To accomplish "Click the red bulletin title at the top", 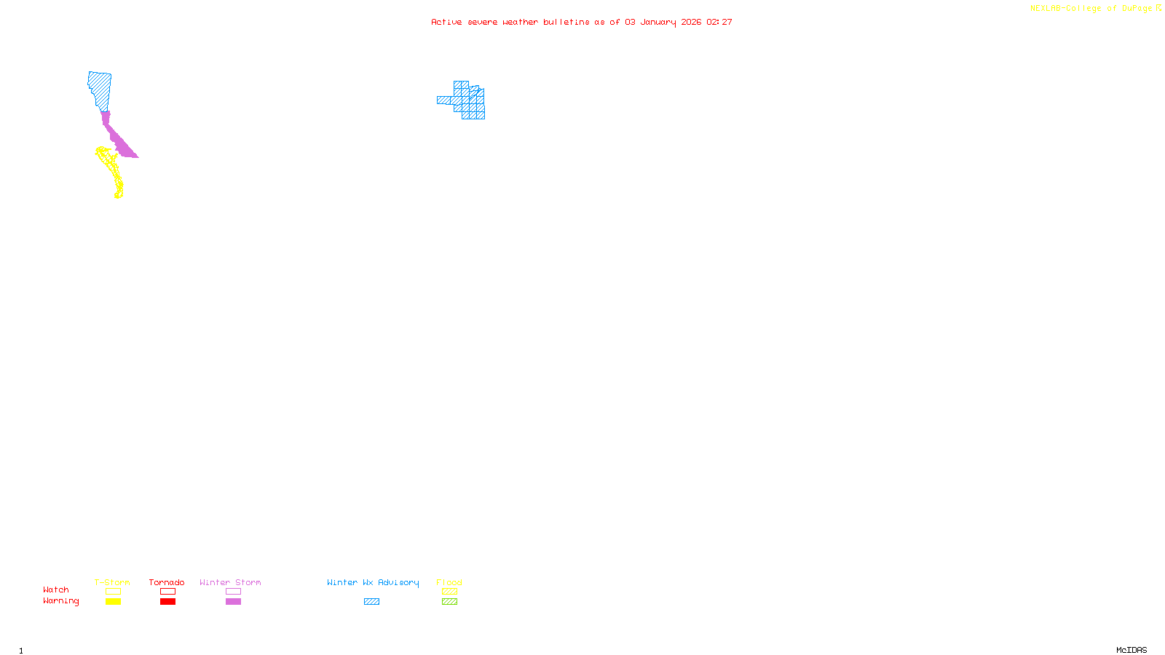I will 581,22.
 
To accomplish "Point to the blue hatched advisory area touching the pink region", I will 100,90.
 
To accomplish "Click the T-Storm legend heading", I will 112,582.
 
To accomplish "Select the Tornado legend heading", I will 167,582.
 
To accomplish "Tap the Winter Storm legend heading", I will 230,582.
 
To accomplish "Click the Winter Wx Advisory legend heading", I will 373,582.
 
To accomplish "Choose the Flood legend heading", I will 449,582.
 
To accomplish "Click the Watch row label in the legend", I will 56,589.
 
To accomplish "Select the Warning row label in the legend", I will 61,601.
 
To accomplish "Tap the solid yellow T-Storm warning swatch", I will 113,602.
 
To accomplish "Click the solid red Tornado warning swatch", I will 167,602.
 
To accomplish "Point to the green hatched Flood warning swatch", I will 449,602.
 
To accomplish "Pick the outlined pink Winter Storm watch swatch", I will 233,592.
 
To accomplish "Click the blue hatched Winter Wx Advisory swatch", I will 371,602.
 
